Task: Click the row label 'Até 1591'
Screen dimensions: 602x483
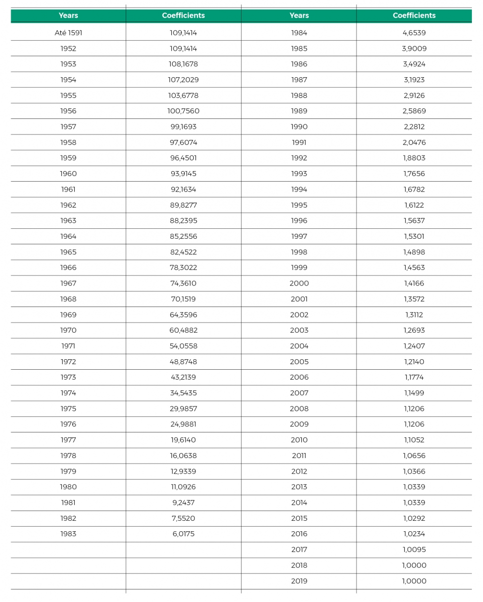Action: coord(68,33)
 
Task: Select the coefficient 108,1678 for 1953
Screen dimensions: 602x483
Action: coord(183,64)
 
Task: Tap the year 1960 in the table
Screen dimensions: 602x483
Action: coord(68,174)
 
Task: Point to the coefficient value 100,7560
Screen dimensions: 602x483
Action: coord(183,111)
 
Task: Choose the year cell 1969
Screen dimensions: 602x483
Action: coord(68,315)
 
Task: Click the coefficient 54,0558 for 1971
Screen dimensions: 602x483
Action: coord(183,346)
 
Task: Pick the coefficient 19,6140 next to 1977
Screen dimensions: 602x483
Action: coord(183,440)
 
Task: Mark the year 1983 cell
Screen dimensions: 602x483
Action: coord(68,534)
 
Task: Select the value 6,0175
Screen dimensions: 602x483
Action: coord(183,534)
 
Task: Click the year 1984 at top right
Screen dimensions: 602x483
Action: coord(299,33)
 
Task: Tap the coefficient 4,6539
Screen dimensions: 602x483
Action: coord(414,33)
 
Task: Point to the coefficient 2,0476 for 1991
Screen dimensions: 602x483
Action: coord(414,142)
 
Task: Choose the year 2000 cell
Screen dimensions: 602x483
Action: coord(299,283)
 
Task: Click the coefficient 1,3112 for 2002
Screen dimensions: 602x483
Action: coord(414,315)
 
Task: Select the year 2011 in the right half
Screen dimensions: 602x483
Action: coord(299,456)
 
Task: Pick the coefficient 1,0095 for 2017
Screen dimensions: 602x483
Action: coord(414,550)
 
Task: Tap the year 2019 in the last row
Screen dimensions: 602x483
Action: coord(299,581)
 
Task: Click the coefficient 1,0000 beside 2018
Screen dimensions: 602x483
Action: coord(414,565)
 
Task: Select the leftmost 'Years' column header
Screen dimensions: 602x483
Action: coord(68,16)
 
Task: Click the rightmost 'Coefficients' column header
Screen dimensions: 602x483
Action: coord(414,16)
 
